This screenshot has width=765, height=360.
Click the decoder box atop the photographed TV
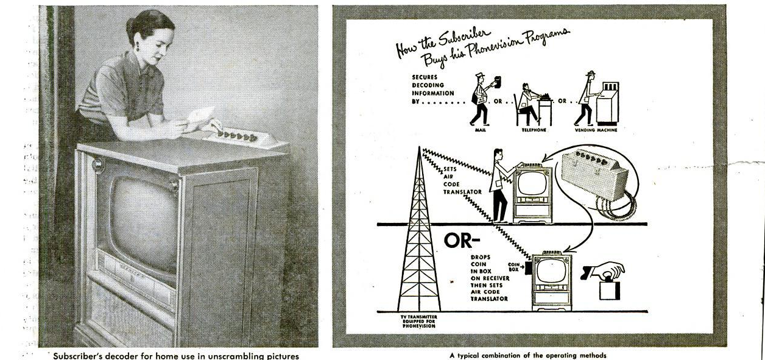coord(242,138)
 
